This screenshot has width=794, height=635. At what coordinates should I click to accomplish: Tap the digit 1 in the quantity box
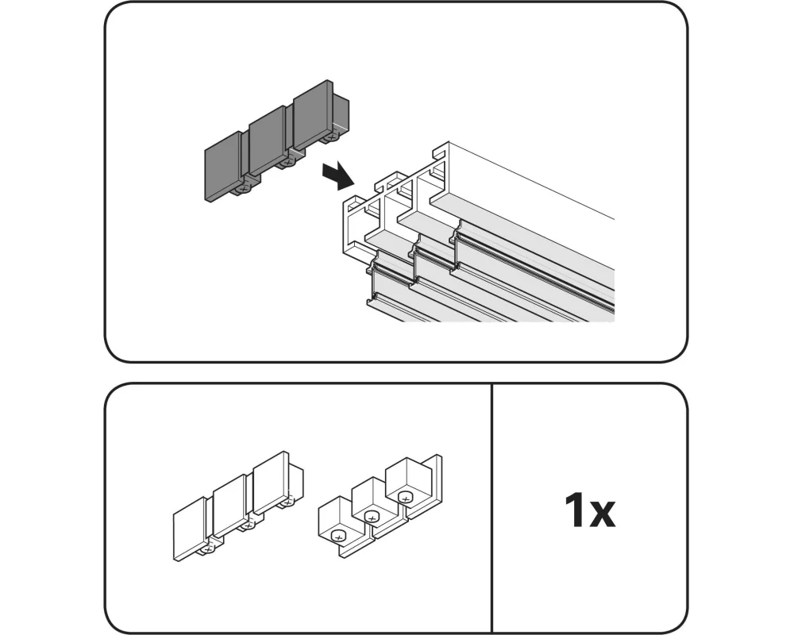coord(576,512)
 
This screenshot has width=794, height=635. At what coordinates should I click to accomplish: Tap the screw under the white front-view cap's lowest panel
coord(209,548)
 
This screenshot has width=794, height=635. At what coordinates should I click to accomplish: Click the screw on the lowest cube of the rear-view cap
coord(339,537)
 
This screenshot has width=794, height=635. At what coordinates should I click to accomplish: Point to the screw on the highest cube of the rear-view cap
coord(406,498)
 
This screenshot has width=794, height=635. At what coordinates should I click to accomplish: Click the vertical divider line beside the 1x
coord(492,508)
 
